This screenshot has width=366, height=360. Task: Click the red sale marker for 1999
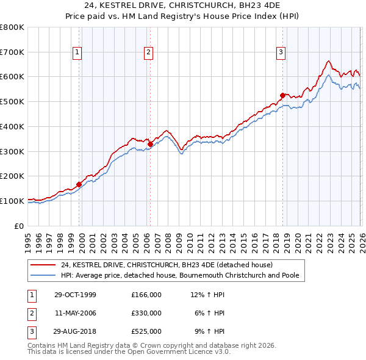coord(79,184)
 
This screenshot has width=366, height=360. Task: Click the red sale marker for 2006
coord(150,144)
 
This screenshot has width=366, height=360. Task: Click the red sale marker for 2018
coord(282,95)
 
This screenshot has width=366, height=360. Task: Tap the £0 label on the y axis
coord(18,226)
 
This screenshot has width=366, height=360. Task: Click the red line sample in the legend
coord(44,265)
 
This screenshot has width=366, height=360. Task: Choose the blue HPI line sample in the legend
coord(44,276)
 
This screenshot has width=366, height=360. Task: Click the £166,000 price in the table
coord(146,295)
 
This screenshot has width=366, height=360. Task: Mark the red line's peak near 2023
coord(328,61)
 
